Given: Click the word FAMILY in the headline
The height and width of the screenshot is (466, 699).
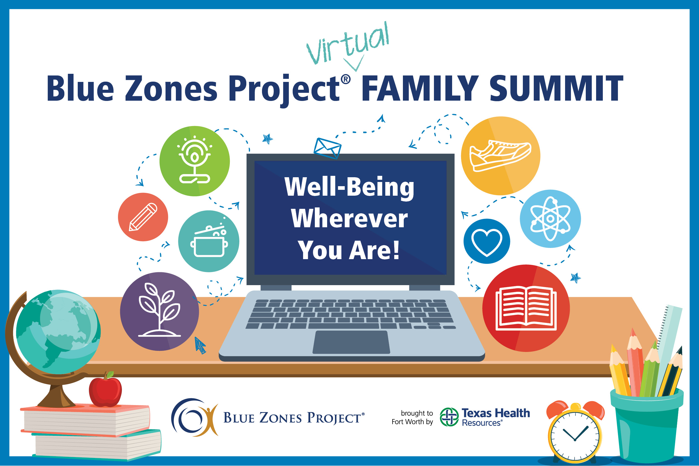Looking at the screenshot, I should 419,88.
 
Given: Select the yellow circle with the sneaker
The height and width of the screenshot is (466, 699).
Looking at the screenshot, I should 500,156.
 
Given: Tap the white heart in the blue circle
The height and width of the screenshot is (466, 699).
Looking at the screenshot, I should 487,241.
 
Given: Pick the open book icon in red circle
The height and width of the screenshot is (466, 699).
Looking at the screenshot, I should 526,308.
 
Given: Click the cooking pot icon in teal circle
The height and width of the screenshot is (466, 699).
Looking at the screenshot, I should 209,241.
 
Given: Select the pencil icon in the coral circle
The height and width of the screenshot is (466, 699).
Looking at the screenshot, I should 143,217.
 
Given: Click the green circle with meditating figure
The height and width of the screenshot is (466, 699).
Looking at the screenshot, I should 194,161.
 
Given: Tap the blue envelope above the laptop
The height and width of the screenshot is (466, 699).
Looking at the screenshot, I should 327,148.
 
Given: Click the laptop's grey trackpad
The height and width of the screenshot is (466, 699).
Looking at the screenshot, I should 351,342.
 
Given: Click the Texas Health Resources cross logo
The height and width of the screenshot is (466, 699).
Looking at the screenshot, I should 449,417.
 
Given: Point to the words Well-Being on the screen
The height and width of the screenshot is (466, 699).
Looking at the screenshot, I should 349,187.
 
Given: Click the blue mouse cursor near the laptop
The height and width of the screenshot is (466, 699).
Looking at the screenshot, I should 200,345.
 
